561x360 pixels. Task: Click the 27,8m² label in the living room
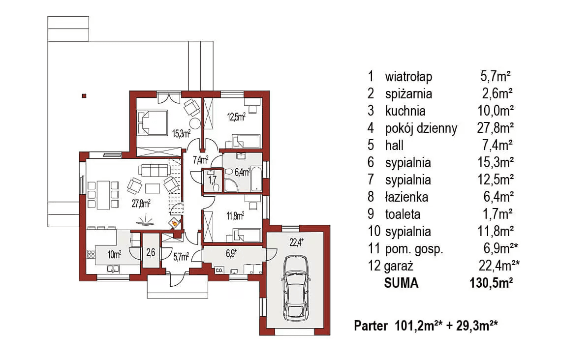141,203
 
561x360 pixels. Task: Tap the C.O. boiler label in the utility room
219,270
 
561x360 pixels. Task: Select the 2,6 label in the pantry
151,254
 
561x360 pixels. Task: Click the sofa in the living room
154,170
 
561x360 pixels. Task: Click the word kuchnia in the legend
405,111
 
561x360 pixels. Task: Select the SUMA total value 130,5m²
492,283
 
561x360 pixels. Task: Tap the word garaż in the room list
399,266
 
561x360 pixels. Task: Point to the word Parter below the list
370,326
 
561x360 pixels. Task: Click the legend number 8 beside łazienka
371,197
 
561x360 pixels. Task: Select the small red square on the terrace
84,95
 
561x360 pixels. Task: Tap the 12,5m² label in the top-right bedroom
236,117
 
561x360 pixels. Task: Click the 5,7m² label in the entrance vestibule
181,256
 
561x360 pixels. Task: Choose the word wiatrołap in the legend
408,76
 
